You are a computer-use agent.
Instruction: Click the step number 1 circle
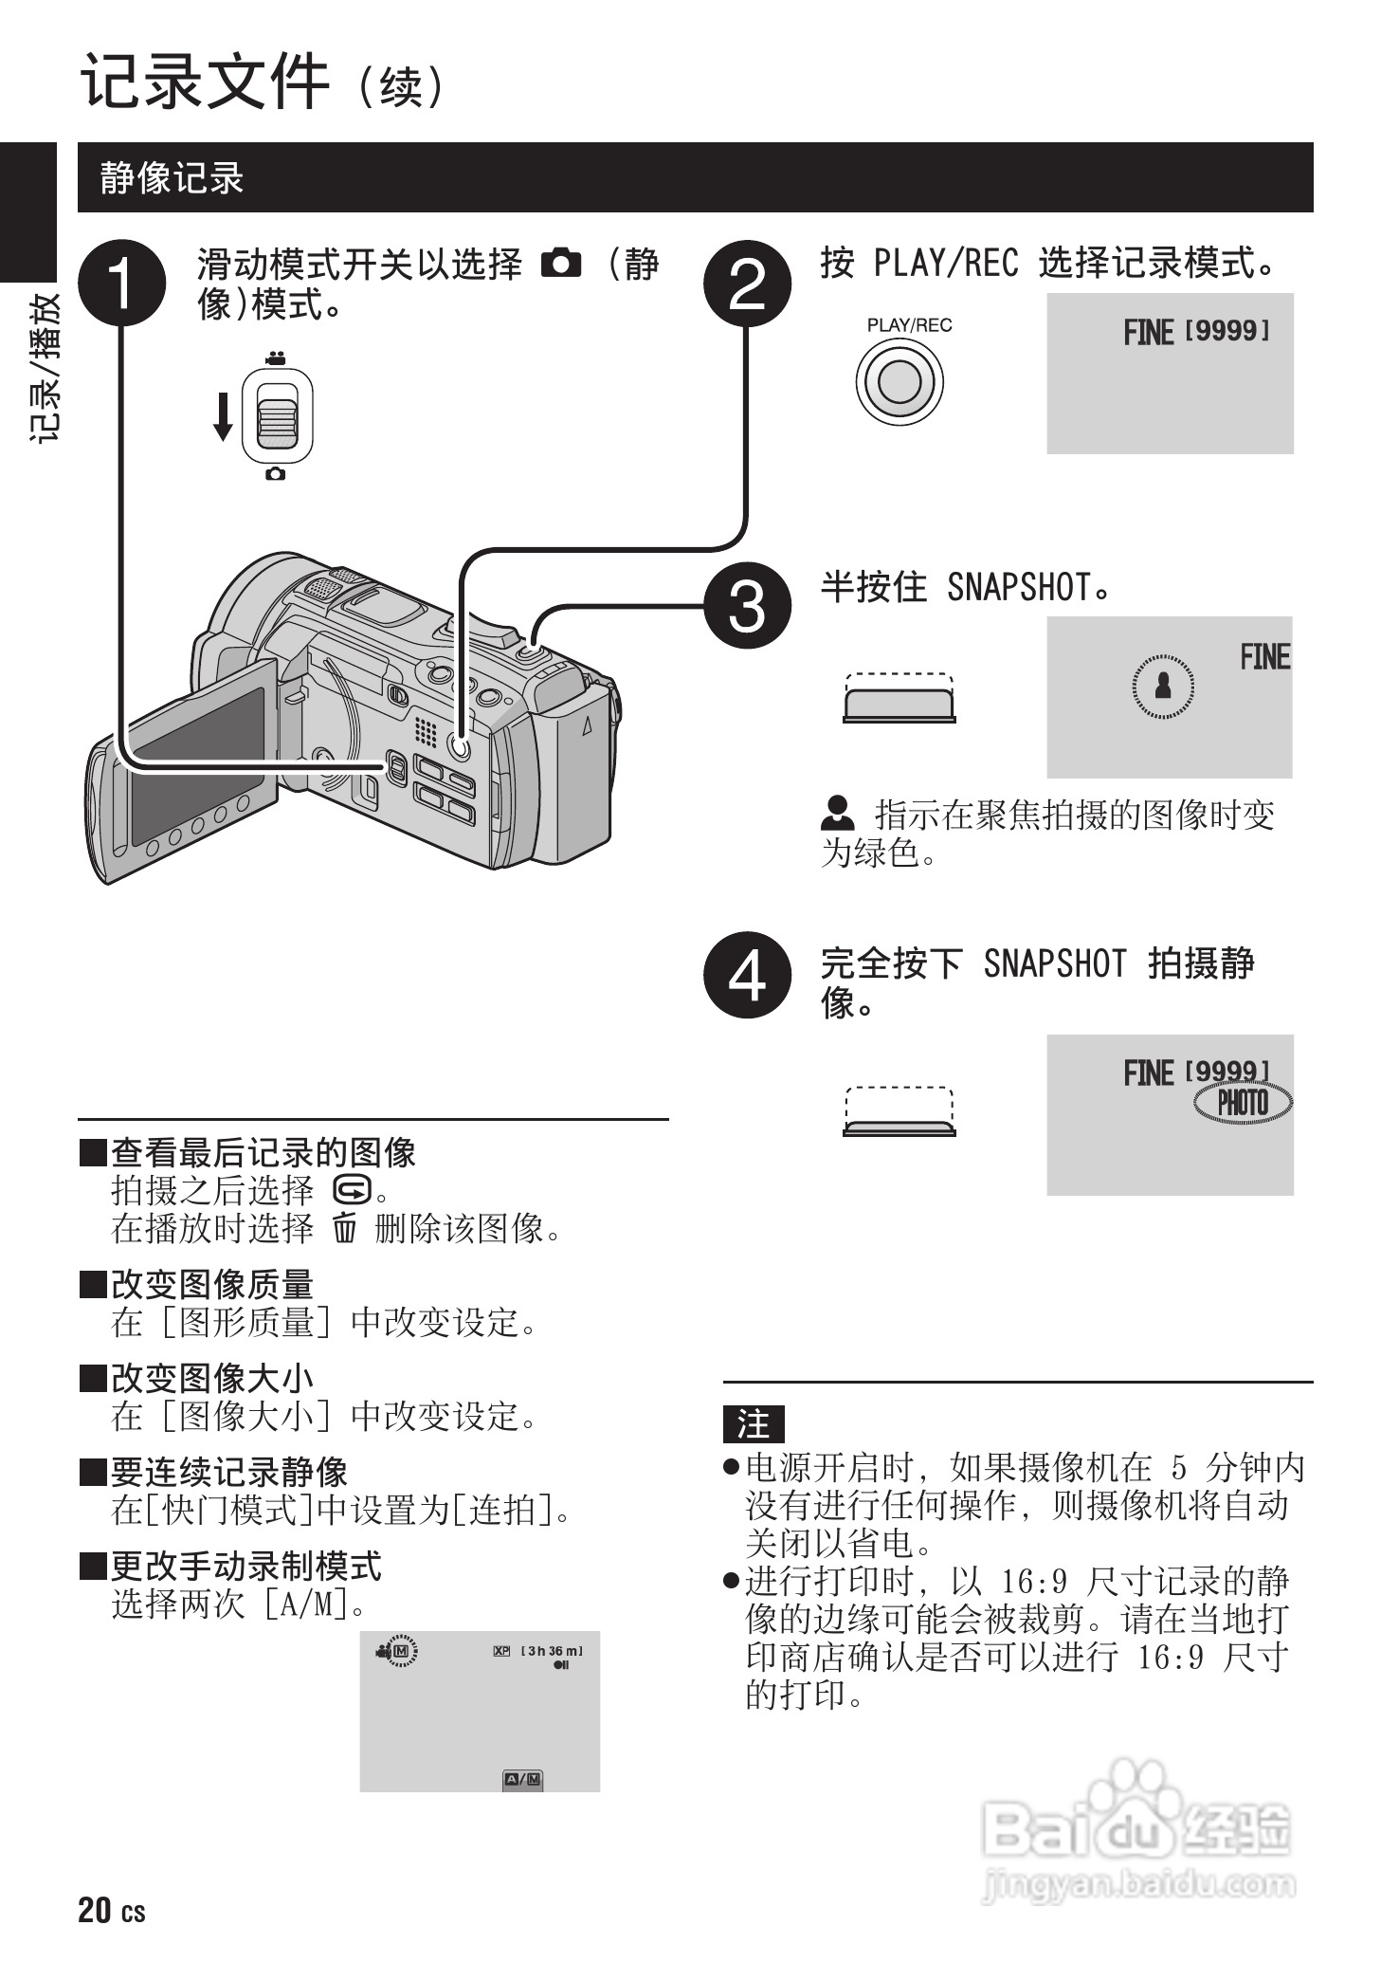pyautogui.click(x=122, y=283)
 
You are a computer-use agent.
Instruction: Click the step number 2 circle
pyautogui.click(x=747, y=283)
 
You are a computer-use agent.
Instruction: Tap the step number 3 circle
pyautogui.click(x=747, y=605)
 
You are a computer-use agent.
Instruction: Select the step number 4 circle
pyautogui.click(x=747, y=975)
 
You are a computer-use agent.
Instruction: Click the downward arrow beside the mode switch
pyautogui.click(x=223, y=417)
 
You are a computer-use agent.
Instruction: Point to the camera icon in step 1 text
pyautogui.click(x=560, y=263)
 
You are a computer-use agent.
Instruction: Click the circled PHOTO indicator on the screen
pyautogui.click(x=1242, y=1103)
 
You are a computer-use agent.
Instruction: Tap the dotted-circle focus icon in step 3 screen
pyautogui.click(x=1163, y=686)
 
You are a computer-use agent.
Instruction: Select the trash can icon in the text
pyautogui.click(x=344, y=1228)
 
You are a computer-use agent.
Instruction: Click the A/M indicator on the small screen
pyautogui.click(x=522, y=1779)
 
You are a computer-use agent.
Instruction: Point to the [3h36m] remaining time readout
pyautogui.click(x=551, y=1651)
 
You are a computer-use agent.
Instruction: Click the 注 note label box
pyautogui.click(x=753, y=1423)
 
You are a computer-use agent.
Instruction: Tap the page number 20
pyautogui.click(x=95, y=1909)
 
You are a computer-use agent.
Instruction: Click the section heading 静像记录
pyautogui.click(x=172, y=178)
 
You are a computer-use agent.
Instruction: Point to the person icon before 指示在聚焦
pyautogui.click(x=837, y=814)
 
